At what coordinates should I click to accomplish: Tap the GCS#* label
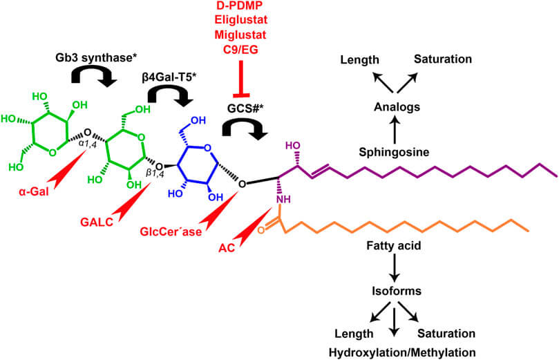coord(247,108)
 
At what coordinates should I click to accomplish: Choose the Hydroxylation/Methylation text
coord(392,352)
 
